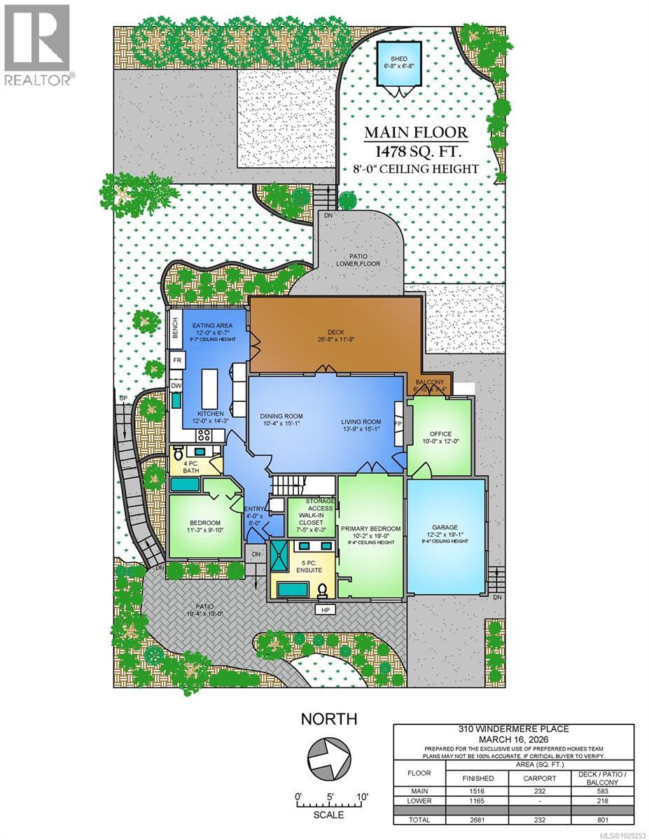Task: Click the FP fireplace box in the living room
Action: pyautogui.click(x=399, y=423)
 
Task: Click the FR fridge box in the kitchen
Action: pyautogui.click(x=178, y=360)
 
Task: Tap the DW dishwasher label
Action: pyautogui.click(x=176, y=386)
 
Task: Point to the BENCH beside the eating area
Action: pyautogui.click(x=175, y=330)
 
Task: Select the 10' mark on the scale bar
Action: pyautogui.click(x=363, y=797)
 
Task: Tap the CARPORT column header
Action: pyautogui.click(x=538, y=778)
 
